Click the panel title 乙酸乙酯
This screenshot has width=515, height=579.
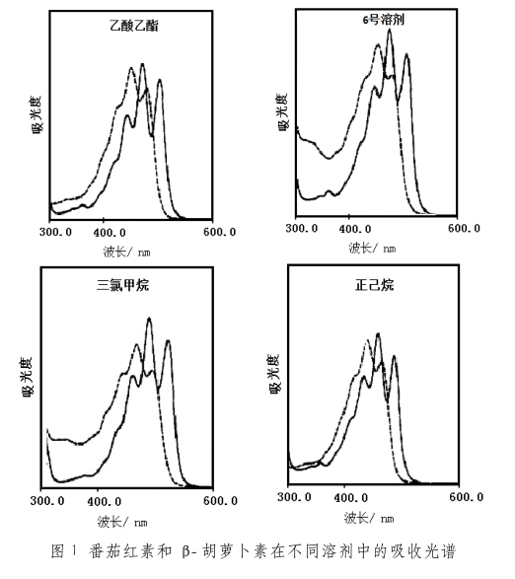point(134,26)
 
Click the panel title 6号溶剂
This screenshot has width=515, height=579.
point(383,20)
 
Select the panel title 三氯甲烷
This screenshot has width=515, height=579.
point(123,285)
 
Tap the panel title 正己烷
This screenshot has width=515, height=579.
point(374,285)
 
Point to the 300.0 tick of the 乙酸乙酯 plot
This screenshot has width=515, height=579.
point(56,232)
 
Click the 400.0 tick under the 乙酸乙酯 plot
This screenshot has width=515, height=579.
point(110,232)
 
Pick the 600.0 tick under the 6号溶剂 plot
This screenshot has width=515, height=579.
point(464,228)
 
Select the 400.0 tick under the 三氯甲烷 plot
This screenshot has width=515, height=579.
point(105,501)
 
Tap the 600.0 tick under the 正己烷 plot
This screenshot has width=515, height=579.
point(467,497)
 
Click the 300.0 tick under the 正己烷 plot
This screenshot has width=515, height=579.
point(294,497)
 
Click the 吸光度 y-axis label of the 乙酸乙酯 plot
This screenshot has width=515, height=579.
point(37,114)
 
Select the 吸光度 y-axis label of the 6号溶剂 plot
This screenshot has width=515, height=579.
point(282,111)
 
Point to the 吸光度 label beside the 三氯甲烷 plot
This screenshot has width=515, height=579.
point(28,377)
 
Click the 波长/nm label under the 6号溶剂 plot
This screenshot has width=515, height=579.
point(372,248)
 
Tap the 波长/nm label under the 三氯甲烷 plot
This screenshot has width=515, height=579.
point(122,522)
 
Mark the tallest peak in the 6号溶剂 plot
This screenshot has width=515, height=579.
point(390,30)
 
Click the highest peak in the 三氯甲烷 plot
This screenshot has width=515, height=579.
point(149,319)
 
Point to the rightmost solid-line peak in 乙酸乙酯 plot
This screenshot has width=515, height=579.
point(160,80)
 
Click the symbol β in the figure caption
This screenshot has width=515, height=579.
point(186,551)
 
